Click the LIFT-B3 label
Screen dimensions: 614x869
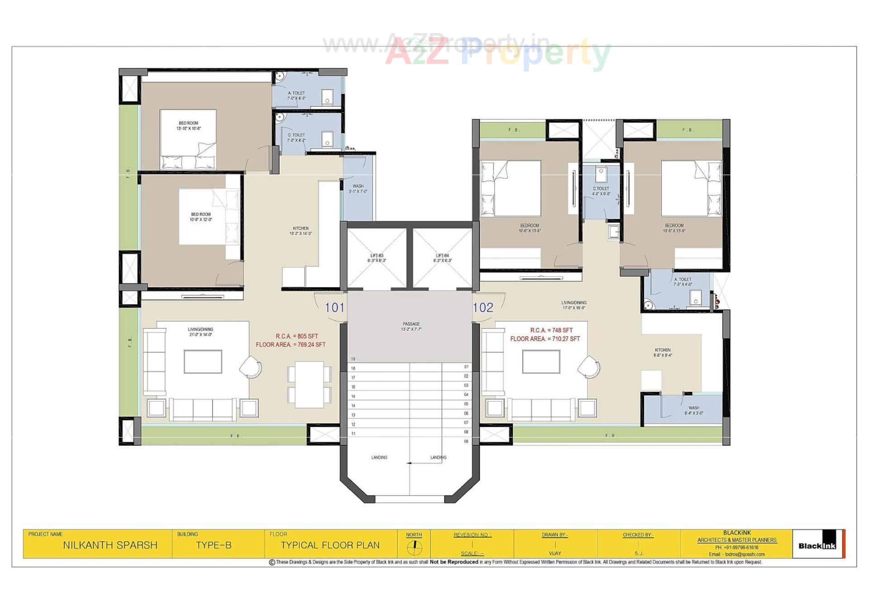[x=377, y=258]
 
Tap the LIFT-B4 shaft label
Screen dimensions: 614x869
[x=442, y=258]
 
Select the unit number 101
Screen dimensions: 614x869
[x=334, y=308]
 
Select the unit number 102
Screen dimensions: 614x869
[x=483, y=308]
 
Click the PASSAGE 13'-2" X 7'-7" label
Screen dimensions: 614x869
[x=411, y=326]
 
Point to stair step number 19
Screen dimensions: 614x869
[x=353, y=359]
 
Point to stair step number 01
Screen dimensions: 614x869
[x=466, y=366]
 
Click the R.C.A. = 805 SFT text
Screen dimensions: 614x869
[x=297, y=336]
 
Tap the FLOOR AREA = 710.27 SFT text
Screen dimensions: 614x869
[x=545, y=338]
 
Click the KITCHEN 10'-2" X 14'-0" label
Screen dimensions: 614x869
[x=301, y=231]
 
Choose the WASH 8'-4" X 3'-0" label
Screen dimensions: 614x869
[x=693, y=410]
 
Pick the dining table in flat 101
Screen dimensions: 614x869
[x=309, y=384]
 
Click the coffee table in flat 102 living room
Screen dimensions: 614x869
[x=541, y=362]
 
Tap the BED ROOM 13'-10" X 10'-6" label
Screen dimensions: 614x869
[x=188, y=126]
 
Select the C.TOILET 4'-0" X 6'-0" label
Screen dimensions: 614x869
[x=601, y=191]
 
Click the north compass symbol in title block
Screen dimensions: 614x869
[x=414, y=547]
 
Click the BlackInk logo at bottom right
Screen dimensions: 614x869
[x=817, y=545]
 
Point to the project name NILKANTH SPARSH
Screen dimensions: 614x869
[x=110, y=545]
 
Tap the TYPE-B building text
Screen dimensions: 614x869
[x=214, y=545]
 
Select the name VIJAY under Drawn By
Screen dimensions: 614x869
[x=555, y=553]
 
